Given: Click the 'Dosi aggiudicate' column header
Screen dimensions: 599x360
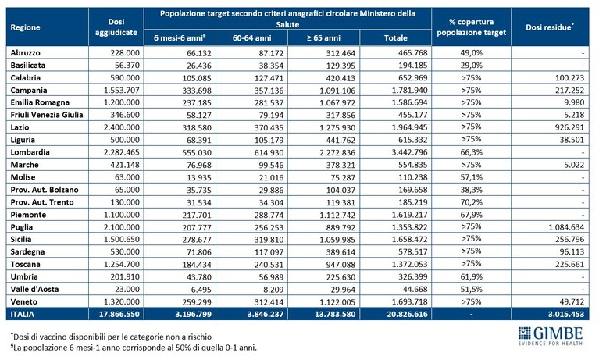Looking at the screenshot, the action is tap(116, 27).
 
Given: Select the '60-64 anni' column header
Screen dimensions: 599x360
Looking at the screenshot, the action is tap(251, 37).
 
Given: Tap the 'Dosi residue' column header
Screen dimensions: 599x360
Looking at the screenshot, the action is tap(550, 27).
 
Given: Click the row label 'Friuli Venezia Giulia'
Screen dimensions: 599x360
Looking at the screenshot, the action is tap(47, 115).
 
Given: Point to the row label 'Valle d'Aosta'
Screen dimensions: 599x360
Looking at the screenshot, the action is tap(35, 289).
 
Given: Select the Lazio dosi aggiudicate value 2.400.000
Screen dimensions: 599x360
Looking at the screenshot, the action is tap(122, 127).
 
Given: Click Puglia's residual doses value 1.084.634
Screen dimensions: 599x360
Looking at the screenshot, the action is tap(566, 227).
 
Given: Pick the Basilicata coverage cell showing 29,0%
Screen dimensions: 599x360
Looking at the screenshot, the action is tap(472, 65).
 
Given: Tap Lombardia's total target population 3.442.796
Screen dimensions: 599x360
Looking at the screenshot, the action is tap(409, 152).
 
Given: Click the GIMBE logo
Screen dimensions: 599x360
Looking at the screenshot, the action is tap(551, 336).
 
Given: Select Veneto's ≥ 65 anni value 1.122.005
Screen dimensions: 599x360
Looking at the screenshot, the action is tap(337, 302).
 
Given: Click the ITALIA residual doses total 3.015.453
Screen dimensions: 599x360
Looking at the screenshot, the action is tap(566, 314).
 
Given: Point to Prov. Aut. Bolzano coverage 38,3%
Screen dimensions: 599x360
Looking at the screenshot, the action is tap(472, 190).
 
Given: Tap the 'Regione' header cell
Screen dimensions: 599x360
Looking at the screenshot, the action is tap(25, 27).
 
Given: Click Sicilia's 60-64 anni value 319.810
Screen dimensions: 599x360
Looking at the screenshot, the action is tap(269, 240).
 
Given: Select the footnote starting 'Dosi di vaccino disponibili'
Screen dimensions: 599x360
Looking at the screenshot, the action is tap(111, 337).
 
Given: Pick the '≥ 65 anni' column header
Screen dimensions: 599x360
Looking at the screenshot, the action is tap(323, 37).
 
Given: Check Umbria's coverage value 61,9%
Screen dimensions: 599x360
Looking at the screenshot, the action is tap(472, 276).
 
